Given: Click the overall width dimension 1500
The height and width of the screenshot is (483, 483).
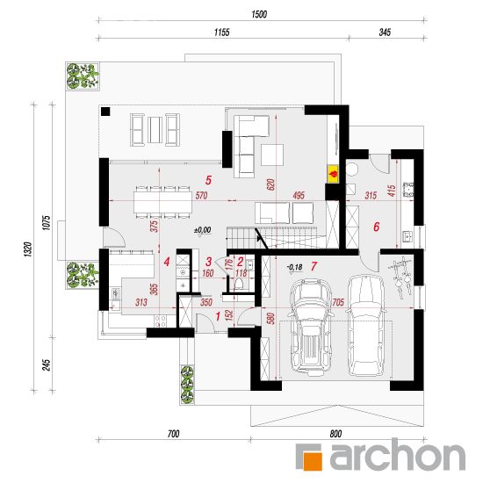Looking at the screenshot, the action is click(259, 14).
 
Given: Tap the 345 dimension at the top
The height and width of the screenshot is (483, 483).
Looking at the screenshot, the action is click(385, 32).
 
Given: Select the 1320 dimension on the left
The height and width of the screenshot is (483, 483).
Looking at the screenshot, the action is click(28, 249).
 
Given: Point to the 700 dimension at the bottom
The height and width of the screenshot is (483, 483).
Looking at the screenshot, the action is click(173, 434).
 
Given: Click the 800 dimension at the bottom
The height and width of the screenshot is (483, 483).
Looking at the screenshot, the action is click(335, 434).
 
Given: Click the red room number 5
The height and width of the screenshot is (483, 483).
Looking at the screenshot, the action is click(208, 180).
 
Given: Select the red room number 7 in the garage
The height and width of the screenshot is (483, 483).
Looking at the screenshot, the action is click(314, 266).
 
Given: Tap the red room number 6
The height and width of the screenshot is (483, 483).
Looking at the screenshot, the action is click(376, 227).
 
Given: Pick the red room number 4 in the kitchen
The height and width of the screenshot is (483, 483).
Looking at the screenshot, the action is click(167, 263).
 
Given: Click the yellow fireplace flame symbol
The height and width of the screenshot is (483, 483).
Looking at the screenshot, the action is click(333, 174).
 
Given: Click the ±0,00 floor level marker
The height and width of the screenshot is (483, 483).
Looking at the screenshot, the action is click(203, 230).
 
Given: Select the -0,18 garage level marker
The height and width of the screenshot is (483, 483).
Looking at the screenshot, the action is click(294, 267).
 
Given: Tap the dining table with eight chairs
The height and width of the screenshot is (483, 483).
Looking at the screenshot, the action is click(163, 202).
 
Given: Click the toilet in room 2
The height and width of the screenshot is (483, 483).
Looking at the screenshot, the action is click(240, 284).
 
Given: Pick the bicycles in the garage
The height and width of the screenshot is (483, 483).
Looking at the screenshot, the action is click(401, 277).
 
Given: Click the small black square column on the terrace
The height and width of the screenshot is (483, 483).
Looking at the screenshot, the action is click(105, 112).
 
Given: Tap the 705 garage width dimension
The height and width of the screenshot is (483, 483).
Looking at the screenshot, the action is click(338, 302).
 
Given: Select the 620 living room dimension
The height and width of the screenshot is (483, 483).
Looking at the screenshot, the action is click(271, 184).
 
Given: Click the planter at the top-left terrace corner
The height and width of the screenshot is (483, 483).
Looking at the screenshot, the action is click(83, 76).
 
